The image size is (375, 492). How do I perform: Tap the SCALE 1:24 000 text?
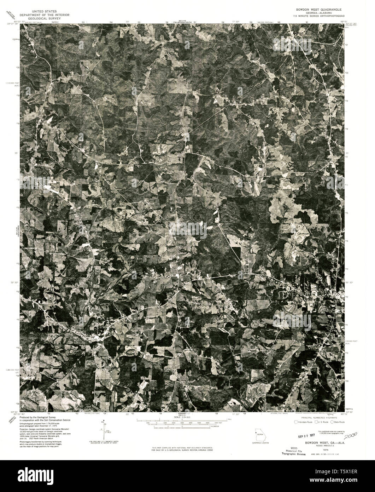click(x=182, y=417)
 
